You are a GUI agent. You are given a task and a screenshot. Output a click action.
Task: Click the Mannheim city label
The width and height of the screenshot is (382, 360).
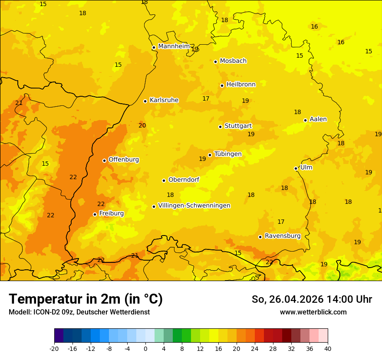(x=174, y=46)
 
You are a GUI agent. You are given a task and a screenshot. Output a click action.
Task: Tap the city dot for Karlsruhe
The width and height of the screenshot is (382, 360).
(x=145, y=101)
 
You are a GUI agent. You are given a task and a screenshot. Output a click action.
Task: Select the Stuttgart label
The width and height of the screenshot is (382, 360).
(x=238, y=126)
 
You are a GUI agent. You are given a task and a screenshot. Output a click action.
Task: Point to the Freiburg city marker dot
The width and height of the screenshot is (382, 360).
(x=95, y=214)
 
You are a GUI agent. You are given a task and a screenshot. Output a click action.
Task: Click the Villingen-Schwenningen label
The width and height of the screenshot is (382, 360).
(x=194, y=206)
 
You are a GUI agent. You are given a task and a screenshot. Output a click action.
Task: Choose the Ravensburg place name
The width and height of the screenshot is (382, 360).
(x=283, y=236)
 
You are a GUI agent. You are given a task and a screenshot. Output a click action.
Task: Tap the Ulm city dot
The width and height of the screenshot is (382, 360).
(x=296, y=168)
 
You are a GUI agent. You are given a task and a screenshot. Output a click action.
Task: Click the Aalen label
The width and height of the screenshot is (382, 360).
(x=318, y=119)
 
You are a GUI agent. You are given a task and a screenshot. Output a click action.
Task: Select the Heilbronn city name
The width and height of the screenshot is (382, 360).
(x=241, y=85)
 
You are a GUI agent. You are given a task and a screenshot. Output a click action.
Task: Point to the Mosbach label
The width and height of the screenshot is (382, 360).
(x=233, y=61)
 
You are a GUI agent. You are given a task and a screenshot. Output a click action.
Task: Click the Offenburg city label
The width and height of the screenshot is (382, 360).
(x=124, y=160)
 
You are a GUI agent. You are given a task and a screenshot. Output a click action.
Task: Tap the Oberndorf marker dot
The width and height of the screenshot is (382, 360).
(x=164, y=180)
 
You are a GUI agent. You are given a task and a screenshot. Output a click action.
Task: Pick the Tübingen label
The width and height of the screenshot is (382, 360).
(x=228, y=154)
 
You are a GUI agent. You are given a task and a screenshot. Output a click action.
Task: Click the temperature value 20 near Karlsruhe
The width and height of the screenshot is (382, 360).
(x=142, y=125)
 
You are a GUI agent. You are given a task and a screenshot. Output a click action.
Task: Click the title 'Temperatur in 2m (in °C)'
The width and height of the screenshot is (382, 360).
(x=86, y=299)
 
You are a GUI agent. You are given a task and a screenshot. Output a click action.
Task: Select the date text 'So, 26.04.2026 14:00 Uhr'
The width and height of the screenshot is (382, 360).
(x=312, y=299)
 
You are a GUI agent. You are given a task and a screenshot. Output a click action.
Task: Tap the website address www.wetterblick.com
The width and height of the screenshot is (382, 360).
(x=313, y=312)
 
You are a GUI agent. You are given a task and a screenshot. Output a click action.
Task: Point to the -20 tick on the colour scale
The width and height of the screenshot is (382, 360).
(x=54, y=348)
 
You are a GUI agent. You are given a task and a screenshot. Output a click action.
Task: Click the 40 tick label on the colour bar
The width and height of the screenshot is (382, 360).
(x=328, y=348)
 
